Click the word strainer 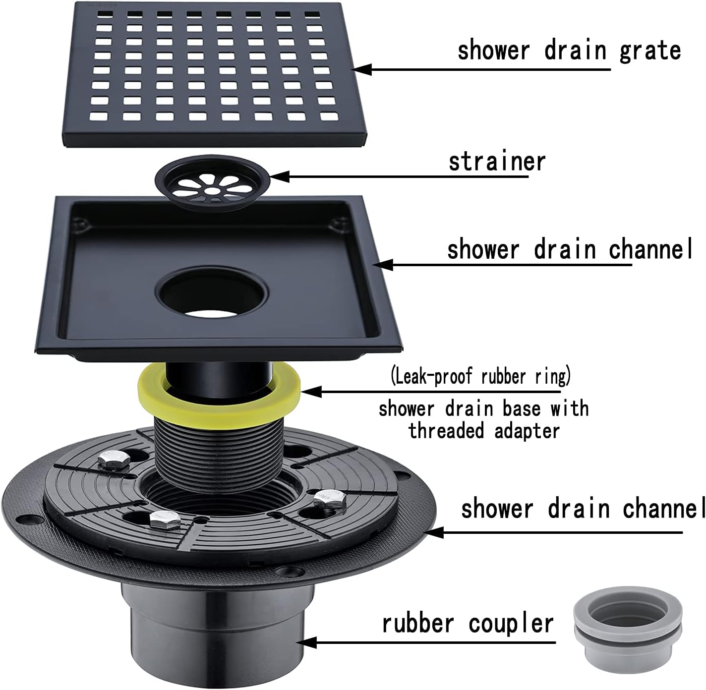coord(496,162)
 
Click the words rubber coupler coord(467,623)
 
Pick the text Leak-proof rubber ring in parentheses coord(480,377)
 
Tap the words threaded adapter coord(484,430)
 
